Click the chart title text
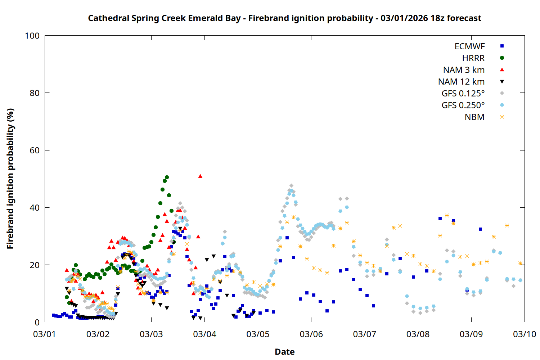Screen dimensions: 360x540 (x=284, y=18)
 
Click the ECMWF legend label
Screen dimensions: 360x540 (x=469, y=46)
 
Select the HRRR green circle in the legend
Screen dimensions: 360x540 (x=502, y=58)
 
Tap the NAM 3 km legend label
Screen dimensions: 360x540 (x=464, y=70)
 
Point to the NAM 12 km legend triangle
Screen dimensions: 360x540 (x=502, y=82)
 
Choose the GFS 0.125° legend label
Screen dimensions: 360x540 (x=463, y=94)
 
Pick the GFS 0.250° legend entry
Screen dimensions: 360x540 (x=463, y=105)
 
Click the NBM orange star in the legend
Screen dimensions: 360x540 (x=502, y=117)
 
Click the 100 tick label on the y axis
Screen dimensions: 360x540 (x=32, y=36)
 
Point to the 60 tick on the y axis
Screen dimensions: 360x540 (x=35, y=150)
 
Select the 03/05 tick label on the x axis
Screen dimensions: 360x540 (x=258, y=334)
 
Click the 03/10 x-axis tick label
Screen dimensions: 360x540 (x=525, y=334)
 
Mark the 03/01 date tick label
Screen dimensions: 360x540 (x=45, y=334)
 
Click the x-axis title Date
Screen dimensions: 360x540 (x=284, y=352)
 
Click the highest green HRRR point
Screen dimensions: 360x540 (x=167, y=177)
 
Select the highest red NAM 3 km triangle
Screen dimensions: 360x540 (x=200, y=176)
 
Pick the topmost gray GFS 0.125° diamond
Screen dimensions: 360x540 (x=291, y=186)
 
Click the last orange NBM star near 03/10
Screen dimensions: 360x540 (x=520, y=264)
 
